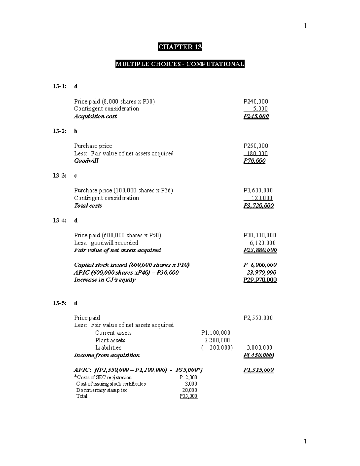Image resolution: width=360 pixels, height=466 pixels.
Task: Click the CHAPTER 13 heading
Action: tap(180, 47)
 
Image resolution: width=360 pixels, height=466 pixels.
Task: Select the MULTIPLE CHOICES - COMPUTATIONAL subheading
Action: tap(180, 64)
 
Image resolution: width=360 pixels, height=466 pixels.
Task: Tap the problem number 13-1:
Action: tap(60, 86)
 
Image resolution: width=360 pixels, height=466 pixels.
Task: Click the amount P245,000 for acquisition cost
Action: tap(256, 116)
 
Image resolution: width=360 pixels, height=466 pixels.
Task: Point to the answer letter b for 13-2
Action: tap(76, 131)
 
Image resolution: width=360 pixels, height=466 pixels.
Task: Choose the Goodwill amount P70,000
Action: tap(254, 161)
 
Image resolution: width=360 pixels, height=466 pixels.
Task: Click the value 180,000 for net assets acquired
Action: tap(257, 153)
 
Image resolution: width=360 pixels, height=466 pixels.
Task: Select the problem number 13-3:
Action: tap(60, 176)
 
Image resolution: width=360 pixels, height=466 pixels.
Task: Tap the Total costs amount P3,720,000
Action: tap(258, 206)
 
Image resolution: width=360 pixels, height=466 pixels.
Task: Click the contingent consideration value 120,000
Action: tap(262, 198)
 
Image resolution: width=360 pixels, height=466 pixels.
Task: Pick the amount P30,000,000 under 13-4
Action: tap(260, 235)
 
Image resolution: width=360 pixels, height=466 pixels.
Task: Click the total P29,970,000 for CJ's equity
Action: tap(260, 280)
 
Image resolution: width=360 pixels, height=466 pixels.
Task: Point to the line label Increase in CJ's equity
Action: tap(105, 280)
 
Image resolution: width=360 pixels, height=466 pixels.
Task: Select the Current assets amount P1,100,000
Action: tap(216, 333)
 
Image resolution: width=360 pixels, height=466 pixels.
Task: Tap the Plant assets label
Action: tap(110, 340)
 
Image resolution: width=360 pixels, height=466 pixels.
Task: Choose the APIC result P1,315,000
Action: tap(258, 370)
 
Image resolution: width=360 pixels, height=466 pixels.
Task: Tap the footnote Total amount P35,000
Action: tap(188, 396)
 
